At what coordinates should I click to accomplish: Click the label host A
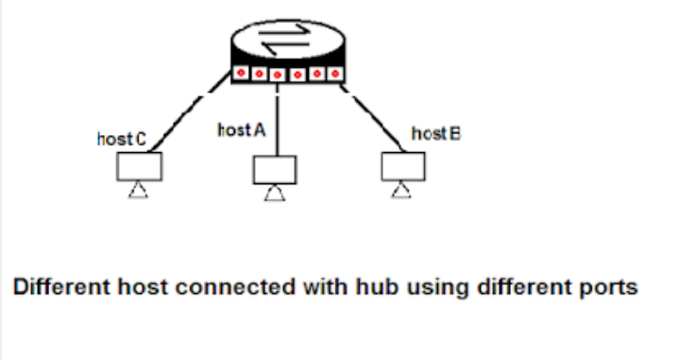coord(241,130)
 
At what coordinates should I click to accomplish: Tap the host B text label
coord(436,136)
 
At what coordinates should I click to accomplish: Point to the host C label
coord(122,139)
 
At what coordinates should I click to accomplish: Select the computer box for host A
coord(274,169)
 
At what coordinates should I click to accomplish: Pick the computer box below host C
coord(139,166)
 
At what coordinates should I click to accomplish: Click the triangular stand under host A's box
coord(274,194)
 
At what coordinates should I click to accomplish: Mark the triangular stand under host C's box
coord(139,191)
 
